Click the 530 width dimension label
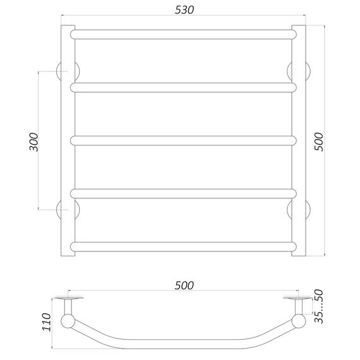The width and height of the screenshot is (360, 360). (x=184, y=9)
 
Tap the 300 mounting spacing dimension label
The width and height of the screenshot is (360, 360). (x=34, y=142)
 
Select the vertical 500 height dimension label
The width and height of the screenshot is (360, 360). (x=318, y=141)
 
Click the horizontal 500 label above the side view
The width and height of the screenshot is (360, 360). (x=184, y=285)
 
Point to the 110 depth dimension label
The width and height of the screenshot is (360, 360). (x=46, y=322)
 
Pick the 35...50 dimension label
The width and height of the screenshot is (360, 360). (x=319, y=306)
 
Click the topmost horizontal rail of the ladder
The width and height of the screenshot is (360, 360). (x=183, y=35)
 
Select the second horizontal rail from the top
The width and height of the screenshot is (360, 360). (x=183, y=88)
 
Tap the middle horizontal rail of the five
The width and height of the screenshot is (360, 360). (x=183, y=140)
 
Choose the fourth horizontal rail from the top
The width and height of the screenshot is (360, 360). (x=183, y=193)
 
